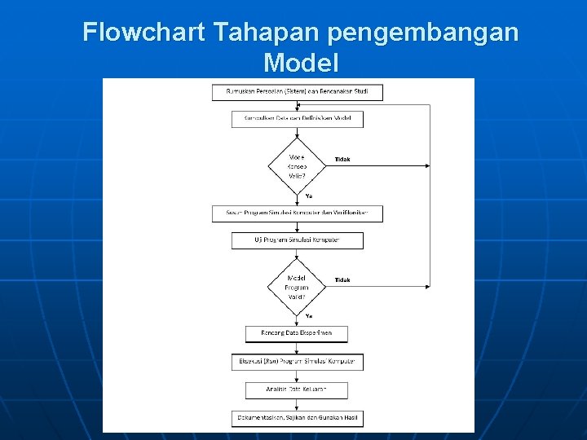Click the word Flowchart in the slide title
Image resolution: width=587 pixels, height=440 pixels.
(x=144, y=33)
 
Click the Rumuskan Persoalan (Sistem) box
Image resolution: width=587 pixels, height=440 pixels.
(x=298, y=92)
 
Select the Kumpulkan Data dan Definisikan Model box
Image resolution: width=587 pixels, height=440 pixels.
(x=298, y=119)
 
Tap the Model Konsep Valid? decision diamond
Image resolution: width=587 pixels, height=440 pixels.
(x=297, y=165)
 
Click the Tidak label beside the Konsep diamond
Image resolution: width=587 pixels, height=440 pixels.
(x=342, y=160)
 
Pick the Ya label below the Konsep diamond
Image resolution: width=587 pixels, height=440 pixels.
(x=309, y=196)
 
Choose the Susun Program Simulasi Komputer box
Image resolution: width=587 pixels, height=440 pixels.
(x=298, y=213)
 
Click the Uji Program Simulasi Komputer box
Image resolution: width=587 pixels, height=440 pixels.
(x=298, y=240)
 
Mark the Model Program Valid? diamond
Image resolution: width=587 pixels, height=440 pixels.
(x=297, y=286)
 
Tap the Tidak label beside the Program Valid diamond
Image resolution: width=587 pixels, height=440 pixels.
(x=342, y=280)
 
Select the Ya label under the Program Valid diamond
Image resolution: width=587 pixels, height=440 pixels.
(x=309, y=315)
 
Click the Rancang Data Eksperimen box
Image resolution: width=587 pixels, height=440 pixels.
(x=297, y=333)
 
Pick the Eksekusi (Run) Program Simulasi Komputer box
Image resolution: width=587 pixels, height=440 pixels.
(x=298, y=361)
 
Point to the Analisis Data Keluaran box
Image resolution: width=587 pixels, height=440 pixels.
(x=297, y=390)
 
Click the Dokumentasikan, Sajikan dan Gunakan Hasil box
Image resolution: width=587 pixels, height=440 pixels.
(x=298, y=418)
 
